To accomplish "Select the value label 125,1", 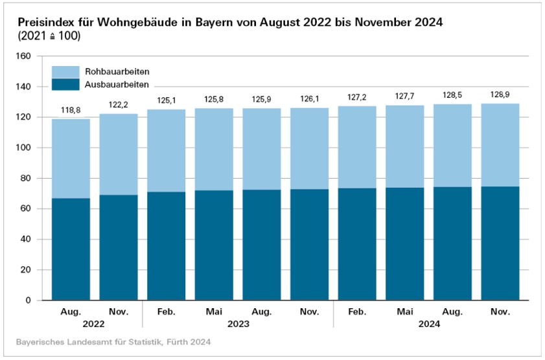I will point(166,100).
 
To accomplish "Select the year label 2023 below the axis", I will point(237,323).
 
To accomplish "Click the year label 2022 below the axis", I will point(95,323).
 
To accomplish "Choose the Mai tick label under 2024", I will point(404,311).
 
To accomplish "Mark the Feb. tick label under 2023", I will point(166,311).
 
